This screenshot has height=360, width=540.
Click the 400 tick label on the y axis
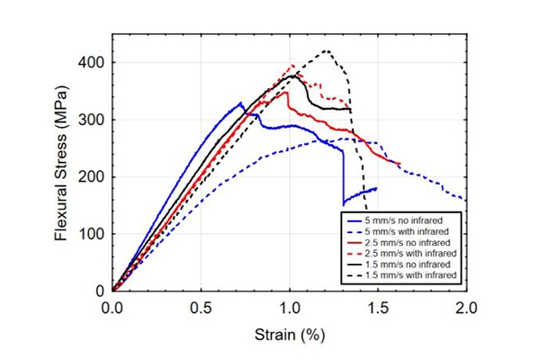(x=93, y=62)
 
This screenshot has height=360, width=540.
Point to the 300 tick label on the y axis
(x=93, y=120)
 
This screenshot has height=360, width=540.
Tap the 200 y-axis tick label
(x=93, y=176)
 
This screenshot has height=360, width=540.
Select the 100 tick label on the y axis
(x=93, y=234)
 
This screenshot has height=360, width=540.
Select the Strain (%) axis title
(x=289, y=334)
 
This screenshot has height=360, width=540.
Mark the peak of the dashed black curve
(x=326, y=50)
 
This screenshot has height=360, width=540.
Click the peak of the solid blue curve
(x=240, y=103)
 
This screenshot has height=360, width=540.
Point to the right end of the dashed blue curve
(x=464, y=200)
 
